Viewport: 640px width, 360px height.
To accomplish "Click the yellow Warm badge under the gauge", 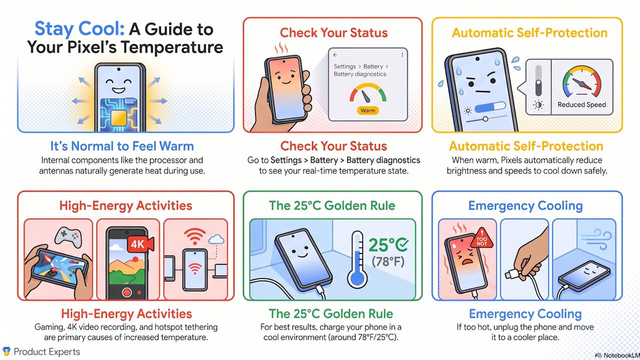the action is tap(367, 110).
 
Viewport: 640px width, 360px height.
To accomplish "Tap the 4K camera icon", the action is tap(140, 244).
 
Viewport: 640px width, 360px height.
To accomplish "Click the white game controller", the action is tap(68, 236).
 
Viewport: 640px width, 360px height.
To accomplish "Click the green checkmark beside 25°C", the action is tap(402, 244).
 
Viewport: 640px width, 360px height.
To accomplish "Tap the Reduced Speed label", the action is tap(581, 104).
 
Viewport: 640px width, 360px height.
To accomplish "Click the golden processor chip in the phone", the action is tap(118, 117).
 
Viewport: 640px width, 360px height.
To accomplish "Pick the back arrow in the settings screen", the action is tap(335, 54).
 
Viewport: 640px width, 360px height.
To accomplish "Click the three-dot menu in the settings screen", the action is tap(402, 54).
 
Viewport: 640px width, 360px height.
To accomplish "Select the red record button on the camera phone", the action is tap(127, 292).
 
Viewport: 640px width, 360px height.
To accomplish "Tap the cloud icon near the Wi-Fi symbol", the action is tap(216, 239).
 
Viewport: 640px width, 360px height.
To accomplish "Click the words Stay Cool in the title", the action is tap(79, 29).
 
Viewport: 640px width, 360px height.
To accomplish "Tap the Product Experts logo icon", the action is tap(6, 351).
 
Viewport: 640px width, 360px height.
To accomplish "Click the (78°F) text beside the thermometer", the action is tap(388, 261).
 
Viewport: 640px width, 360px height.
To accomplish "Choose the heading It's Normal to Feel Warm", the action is tap(122, 146).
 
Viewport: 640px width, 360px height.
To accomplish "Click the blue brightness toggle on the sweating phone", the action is tap(490, 107).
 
